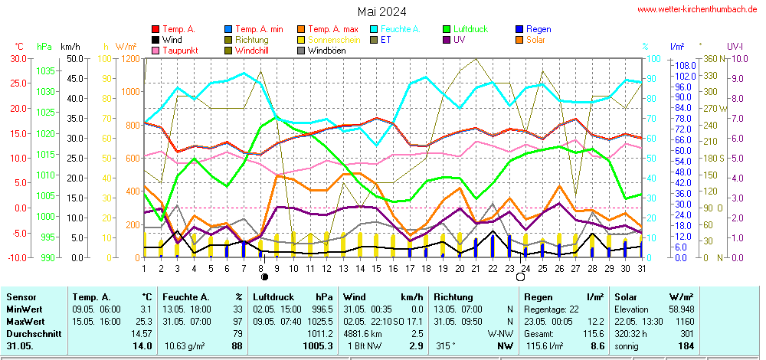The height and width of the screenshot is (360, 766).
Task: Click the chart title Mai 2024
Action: pyautogui.click(x=381, y=11)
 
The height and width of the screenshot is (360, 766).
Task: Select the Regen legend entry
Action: pyautogui.click(x=539, y=29)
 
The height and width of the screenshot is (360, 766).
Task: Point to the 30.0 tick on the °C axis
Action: pyautogui.click(x=17, y=58)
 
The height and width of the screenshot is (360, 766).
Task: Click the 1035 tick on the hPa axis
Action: pyautogui.click(x=45, y=70)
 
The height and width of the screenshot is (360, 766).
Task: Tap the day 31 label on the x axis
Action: pyautogui.click(x=640, y=268)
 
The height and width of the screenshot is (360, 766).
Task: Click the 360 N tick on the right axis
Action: pyautogui.click(x=711, y=58)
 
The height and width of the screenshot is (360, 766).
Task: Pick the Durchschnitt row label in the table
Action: pyautogui.click(x=32, y=334)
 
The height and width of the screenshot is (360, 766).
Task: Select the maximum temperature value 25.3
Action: pyautogui.click(x=143, y=321)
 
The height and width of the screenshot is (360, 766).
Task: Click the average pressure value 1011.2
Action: pyautogui.click(x=319, y=334)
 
